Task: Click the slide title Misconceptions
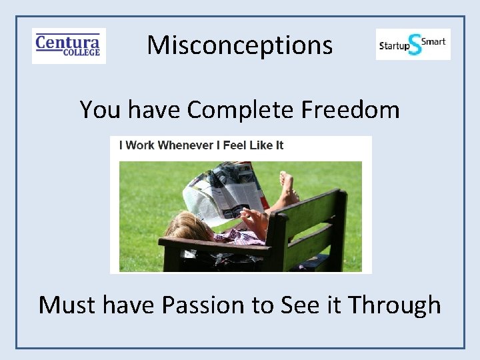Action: [x=239, y=45]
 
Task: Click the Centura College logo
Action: [x=69, y=46]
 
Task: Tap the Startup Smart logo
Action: [x=413, y=45]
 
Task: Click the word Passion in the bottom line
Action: [x=204, y=305]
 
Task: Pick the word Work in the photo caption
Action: [x=140, y=145]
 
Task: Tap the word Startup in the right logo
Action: [x=393, y=46]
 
